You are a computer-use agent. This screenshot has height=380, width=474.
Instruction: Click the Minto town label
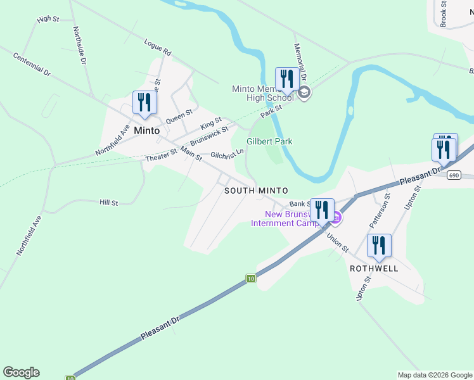(147, 130)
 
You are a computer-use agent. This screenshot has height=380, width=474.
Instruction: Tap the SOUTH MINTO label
(257, 191)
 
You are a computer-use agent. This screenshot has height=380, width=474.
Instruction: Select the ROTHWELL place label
(374, 268)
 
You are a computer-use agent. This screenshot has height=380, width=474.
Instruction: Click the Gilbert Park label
(269, 141)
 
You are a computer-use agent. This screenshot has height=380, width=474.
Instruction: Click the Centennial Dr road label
(31, 64)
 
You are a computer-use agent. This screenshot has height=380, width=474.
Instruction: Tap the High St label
(48, 19)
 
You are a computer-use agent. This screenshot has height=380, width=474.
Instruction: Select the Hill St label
(109, 203)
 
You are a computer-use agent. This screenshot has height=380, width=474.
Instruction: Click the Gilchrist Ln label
(227, 154)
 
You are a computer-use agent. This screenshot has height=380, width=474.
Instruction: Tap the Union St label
(337, 241)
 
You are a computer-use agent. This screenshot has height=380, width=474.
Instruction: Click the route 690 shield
(452, 175)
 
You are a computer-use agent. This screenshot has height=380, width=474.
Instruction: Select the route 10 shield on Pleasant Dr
(252, 279)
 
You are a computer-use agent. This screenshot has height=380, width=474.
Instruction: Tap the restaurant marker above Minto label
(144, 103)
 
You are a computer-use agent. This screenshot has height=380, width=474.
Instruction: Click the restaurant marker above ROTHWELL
(379, 246)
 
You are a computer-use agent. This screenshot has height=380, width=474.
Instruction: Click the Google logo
(21, 372)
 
